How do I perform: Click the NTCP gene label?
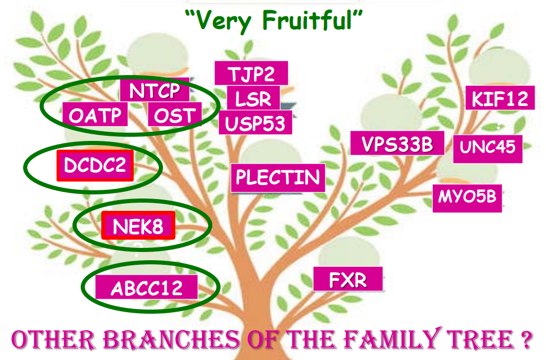coord(155,91)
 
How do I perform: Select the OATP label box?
coord(95,115)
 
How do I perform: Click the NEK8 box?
coord(138,226)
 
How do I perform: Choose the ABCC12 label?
coord(147,287)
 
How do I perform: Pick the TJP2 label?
coord(251,74)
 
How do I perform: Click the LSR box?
coord(253,98)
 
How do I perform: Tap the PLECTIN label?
coord(278,178)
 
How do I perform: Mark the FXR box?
coord(348,280)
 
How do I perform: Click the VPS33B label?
coord(397,143)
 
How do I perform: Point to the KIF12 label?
coord(500,98)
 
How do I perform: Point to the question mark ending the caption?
coord(523,340)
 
